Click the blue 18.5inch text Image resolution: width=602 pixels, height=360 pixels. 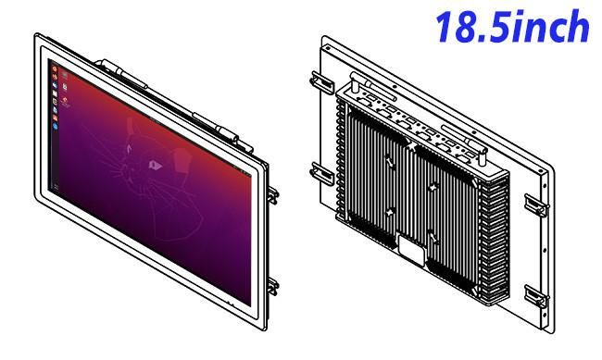point(513,27)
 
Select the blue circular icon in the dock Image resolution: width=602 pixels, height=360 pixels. point(56,126)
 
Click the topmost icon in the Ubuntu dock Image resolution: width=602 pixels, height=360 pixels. point(55,68)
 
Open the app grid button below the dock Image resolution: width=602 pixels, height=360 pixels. point(56,187)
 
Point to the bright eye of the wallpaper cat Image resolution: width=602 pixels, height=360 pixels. point(155,165)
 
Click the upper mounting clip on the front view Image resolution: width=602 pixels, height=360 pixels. point(273,195)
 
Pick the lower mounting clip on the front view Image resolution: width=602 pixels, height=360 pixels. point(273,286)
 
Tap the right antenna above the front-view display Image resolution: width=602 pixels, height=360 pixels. point(221,130)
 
